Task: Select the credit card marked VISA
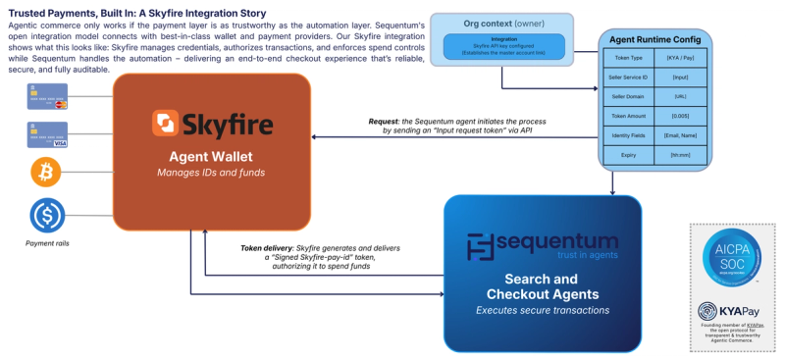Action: [x=47, y=134]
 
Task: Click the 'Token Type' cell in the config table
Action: [x=627, y=59]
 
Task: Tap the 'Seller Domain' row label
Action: [x=627, y=97]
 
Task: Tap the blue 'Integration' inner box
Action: [x=502, y=46]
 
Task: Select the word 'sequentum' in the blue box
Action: [x=555, y=238]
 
